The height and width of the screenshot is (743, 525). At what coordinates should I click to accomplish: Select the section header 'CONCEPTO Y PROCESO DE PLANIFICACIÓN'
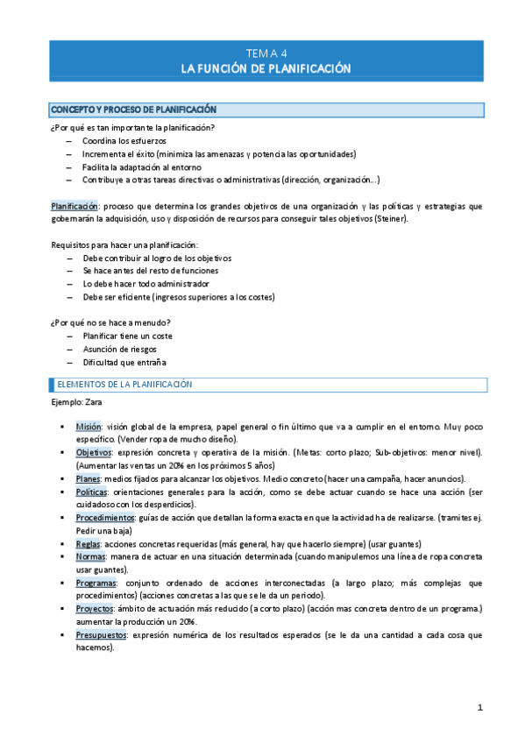point(133,110)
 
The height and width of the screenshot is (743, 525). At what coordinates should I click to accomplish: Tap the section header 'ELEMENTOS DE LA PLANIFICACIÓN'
point(125,385)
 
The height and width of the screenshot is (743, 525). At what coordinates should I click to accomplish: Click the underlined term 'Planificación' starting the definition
point(74,206)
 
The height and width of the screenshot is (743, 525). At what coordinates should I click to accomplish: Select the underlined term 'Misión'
point(89,425)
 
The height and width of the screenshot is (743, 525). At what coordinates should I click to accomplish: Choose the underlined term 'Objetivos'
point(93,452)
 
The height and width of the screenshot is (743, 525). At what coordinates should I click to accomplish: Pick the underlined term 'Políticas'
point(92,492)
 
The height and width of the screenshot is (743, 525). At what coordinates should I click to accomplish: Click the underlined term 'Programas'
point(96,582)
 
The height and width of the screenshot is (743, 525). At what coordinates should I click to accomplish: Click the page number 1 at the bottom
point(479,707)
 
